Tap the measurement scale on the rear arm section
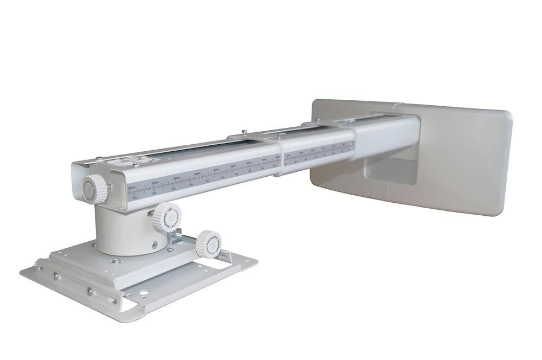(x=320, y=151)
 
